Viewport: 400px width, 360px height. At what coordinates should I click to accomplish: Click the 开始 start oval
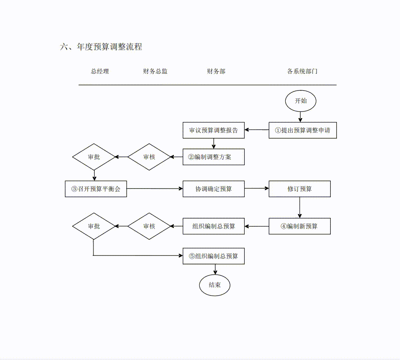[300, 101]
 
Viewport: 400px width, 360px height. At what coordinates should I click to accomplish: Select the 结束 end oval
[215, 285]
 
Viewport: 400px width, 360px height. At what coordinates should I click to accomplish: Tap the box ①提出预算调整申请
[302, 130]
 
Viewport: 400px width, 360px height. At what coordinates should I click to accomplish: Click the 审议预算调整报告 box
[214, 130]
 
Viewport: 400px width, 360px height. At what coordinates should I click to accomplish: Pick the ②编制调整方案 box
[214, 157]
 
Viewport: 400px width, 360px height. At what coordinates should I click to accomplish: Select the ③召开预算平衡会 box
[96, 189]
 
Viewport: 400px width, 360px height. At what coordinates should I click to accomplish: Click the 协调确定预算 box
[214, 189]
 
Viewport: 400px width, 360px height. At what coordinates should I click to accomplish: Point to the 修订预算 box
[300, 189]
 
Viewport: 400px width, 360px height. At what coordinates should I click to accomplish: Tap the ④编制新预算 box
[300, 226]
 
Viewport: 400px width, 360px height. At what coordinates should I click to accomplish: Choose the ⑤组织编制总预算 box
[214, 256]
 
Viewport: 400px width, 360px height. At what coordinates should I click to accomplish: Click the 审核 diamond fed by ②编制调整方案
[149, 157]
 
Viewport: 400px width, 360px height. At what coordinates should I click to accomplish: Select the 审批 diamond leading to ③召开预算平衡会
[94, 157]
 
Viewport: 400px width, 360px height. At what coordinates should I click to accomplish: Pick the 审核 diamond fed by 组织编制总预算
[149, 226]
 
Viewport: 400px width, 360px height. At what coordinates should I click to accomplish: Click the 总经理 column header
[100, 71]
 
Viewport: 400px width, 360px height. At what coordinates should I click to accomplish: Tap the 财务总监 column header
[155, 71]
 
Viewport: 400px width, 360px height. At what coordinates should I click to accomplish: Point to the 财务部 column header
[216, 71]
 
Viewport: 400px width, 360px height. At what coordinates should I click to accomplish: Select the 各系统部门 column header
[302, 71]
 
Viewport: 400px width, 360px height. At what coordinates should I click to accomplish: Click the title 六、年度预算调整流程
[101, 47]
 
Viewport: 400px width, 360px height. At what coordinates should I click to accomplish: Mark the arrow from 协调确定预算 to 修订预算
[257, 189]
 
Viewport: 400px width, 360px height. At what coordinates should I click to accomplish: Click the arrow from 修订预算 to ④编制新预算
[300, 207]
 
